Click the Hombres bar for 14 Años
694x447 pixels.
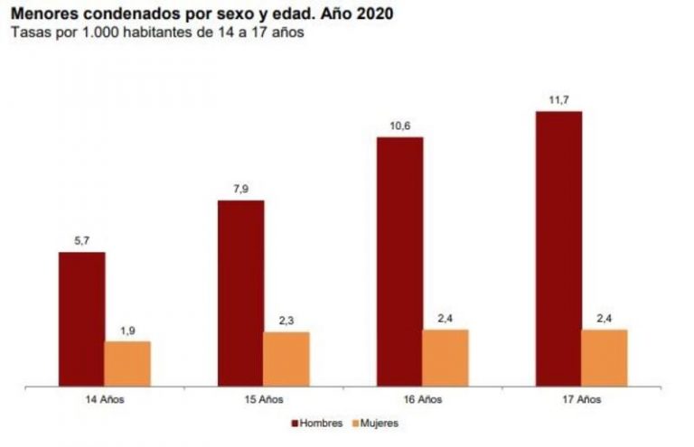[x=81, y=319]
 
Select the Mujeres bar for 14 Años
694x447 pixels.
[x=127, y=363]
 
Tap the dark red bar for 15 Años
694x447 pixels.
[x=240, y=293]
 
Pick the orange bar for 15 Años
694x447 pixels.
[x=286, y=359]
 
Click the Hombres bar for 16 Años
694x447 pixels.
[x=399, y=261]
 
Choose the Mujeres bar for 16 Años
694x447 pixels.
[x=445, y=358]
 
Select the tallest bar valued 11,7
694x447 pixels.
[x=558, y=248]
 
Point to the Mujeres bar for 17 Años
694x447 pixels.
[x=605, y=358]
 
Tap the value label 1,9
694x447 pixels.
[x=127, y=331]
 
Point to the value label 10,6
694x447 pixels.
[x=399, y=126]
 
